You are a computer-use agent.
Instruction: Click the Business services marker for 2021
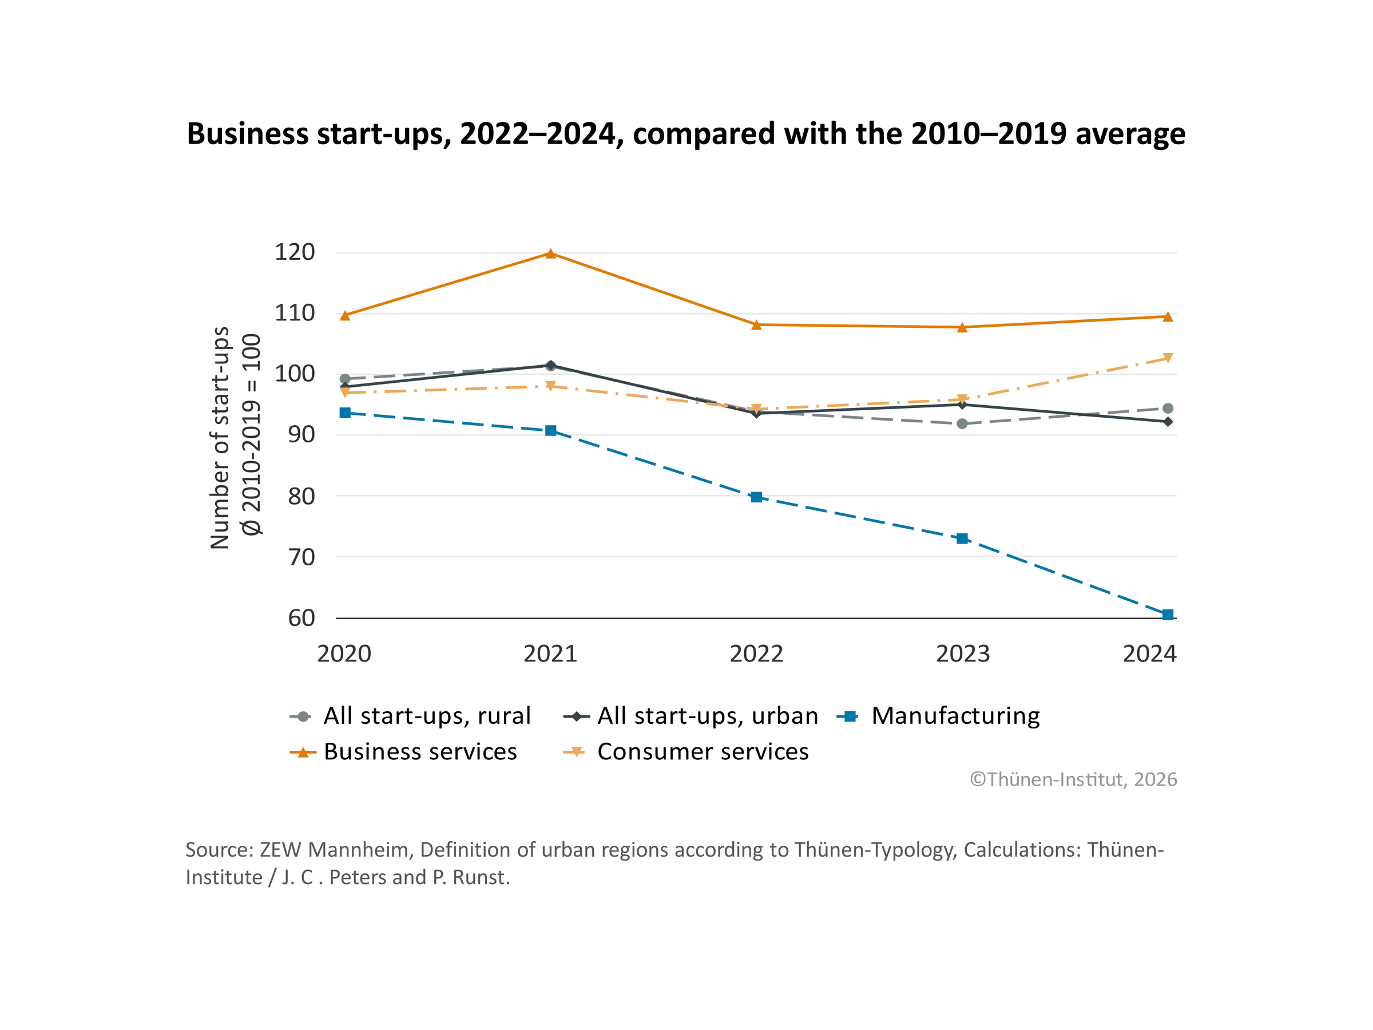click(x=550, y=253)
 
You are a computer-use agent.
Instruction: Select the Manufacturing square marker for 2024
click(x=1168, y=615)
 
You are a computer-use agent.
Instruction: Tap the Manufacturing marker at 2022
click(x=756, y=497)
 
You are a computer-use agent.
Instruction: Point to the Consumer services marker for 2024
click(x=1168, y=358)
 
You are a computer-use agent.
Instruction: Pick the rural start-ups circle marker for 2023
click(x=962, y=423)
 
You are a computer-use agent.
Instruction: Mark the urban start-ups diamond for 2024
click(x=1168, y=422)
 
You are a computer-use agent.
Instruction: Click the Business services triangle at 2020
click(x=345, y=315)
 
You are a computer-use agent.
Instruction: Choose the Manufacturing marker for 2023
click(x=962, y=538)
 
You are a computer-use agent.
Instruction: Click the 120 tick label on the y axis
click(x=295, y=252)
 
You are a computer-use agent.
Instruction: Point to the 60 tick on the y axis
click(x=301, y=619)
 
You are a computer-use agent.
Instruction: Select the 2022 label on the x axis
click(x=756, y=653)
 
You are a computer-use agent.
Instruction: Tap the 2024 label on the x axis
click(x=1149, y=653)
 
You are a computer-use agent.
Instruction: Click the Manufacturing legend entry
click(x=955, y=716)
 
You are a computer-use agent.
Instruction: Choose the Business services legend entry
click(x=420, y=752)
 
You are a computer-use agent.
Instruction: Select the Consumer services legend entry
click(x=703, y=752)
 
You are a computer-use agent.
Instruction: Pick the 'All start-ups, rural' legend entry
click(x=427, y=716)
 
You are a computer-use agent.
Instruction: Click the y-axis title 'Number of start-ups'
click(x=220, y=438)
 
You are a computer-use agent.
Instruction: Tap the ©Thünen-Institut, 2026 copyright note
click(x=1073, y=779)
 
